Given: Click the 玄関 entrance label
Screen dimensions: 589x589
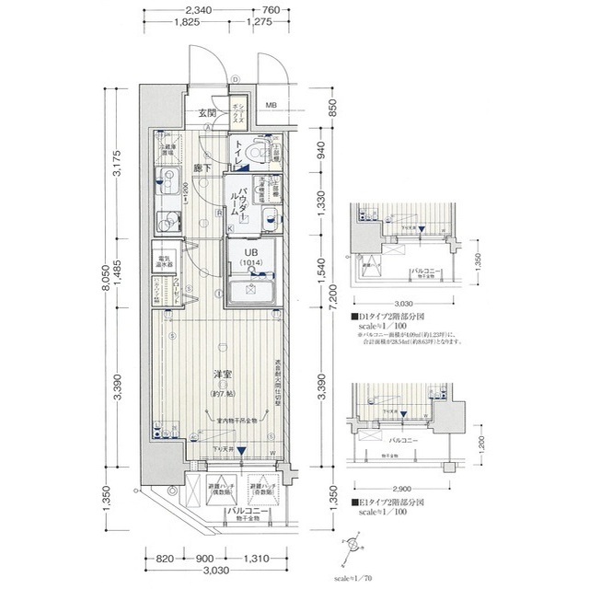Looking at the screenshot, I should click(x=207, y=113).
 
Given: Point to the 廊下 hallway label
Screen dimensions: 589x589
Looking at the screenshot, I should click(x=203, y=168).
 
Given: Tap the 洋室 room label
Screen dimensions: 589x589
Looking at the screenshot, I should click(x=222, y=375).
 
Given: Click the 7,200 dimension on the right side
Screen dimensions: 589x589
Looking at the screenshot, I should click(x=334, y=295).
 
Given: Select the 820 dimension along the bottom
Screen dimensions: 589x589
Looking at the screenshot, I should click(x=166, y=559).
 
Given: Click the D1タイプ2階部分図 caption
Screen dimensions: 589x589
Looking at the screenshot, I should click(x=403, y=318).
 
